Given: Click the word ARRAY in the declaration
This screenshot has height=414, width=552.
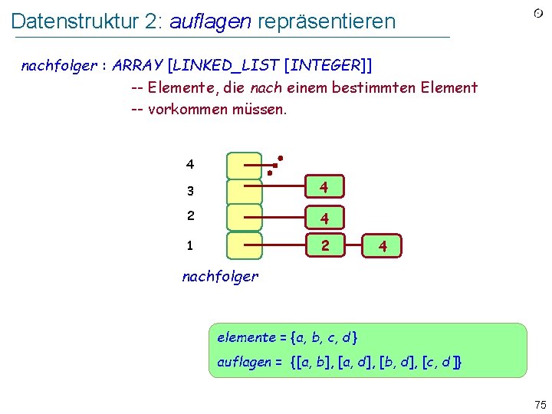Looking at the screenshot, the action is click(137, 65).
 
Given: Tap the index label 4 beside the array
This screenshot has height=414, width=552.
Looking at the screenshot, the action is click(189, 164).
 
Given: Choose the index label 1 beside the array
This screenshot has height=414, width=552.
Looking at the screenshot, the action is click(189, 246).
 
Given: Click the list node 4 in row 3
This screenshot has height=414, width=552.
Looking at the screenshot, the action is click(325, 187).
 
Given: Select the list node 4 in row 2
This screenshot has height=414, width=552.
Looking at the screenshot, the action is click(325, 219).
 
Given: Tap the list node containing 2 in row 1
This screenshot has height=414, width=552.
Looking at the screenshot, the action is click(325, 246).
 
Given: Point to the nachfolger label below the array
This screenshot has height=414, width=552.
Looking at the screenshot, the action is click(220, 276).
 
